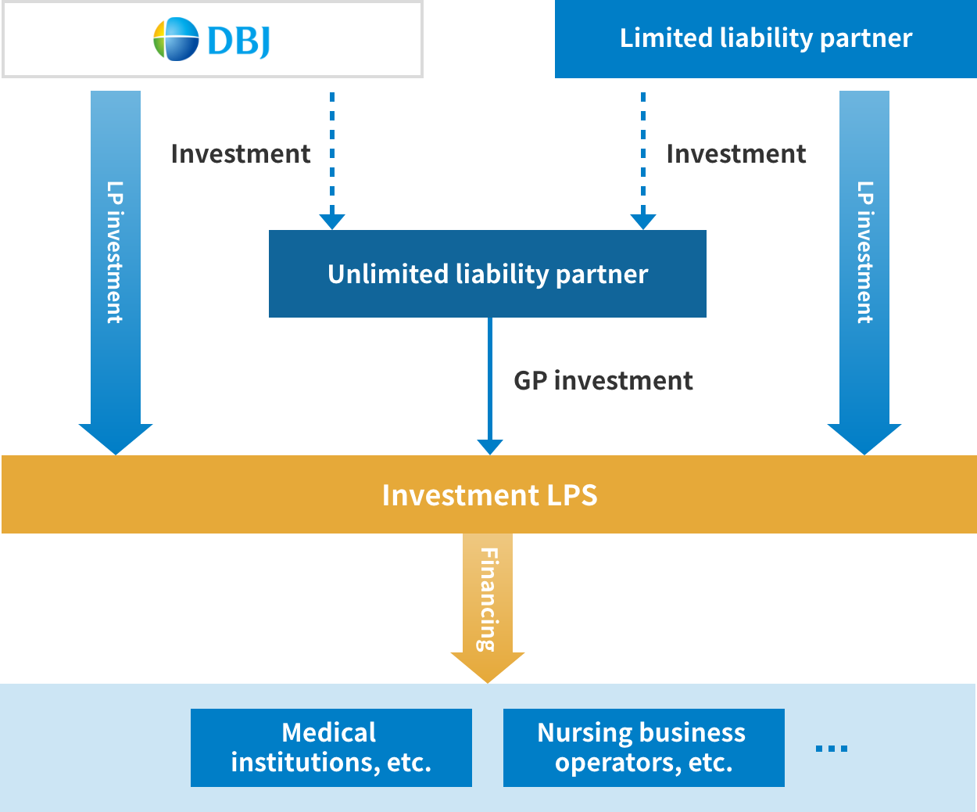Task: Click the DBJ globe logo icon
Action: (x=176, y=39)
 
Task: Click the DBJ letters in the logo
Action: (x=239, y=40)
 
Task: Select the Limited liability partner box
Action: (x=765, y=38)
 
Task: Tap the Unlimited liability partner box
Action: (x=487, y=274)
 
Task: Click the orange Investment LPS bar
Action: (x=488, y=494)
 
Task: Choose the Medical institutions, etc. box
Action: (x=331, y=747)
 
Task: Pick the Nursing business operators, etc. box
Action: (x=643, y=747)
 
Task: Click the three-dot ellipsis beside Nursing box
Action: (x=831, y=749)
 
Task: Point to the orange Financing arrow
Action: (x=488, y=602)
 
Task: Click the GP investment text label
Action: (x=603, y=380)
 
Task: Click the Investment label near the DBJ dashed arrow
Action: (x=240, y=153)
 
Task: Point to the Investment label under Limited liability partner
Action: (x=735, y=153)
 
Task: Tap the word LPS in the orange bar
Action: (x=571, y=495)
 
